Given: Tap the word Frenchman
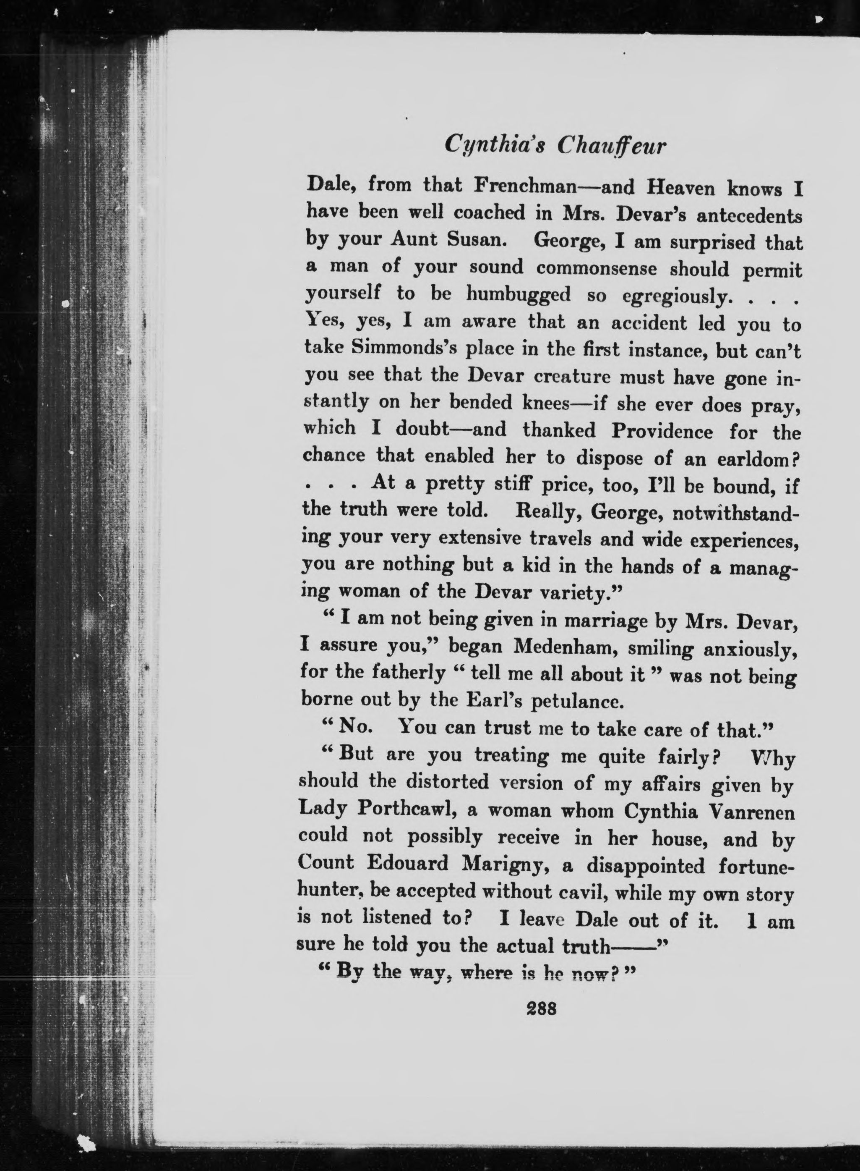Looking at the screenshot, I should pyautogui.click(x=526, y=186).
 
